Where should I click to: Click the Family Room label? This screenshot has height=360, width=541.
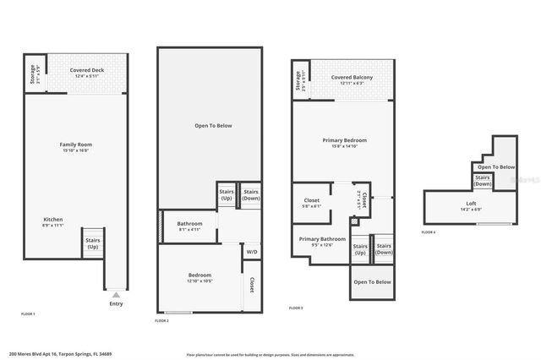click(74, 148)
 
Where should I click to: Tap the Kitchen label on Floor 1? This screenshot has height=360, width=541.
click(52, 222)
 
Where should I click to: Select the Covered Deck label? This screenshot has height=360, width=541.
click(87, 74)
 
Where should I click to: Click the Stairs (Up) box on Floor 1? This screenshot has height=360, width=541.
click(92, 243)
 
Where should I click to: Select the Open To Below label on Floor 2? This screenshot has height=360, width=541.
click(213, 126)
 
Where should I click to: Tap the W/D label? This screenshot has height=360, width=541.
click(252, 252)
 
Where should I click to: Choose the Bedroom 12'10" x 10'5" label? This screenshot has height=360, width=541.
click(199, 278)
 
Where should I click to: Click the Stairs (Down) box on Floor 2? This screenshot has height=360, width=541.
click(251, 194)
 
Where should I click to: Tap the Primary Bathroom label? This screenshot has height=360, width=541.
click(322, 242)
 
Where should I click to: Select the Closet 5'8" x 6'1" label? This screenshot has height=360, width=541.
click(311, 203)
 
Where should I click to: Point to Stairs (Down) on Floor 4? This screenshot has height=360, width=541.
click(483, 181)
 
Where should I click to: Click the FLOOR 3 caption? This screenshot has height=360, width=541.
click(296, 308)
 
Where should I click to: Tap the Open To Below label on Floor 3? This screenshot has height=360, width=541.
click(372, 281)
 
